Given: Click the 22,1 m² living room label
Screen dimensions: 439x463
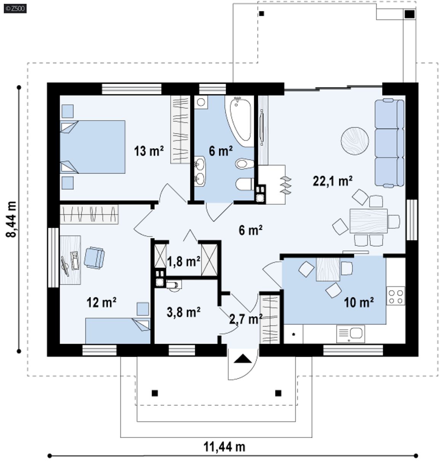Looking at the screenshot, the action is click(x=332, y=181).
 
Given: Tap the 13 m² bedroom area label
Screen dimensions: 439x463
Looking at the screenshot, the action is click(x=149, y=151).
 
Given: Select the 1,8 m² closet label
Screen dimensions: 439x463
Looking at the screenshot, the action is click(x=183, y=261).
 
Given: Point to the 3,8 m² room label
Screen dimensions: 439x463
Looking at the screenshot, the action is click(x=183, y=312).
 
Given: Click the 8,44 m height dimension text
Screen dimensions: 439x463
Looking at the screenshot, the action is click(x=11, y=219).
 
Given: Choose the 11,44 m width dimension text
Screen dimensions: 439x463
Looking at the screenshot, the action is click(x=224, y=447).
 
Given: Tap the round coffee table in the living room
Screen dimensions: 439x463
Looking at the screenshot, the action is click(x=354, y=141).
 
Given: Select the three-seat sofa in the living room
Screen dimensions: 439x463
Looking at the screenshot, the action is click(x=389, y=143).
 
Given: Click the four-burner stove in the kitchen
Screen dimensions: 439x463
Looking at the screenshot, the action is click(x=396, y=296).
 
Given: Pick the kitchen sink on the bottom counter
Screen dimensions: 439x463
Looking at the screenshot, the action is click(x=351, y=334).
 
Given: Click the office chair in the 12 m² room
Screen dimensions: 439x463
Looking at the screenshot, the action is click(x=94, y=258).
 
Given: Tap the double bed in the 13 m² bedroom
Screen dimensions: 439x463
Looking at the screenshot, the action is click(x=93, y=147).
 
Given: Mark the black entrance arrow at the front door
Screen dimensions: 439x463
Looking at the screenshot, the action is click(x=243, y=359).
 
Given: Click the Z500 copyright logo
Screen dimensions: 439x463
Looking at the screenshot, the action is click(x=15, y=9).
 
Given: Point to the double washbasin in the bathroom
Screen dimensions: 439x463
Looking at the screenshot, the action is click(x=200, y=171).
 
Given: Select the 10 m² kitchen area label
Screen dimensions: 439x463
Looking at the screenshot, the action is click(x=359, y=303).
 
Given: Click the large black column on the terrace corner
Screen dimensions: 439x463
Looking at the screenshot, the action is click(x=409, y=14).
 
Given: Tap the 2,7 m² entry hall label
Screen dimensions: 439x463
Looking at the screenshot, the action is click(x=246, y=319).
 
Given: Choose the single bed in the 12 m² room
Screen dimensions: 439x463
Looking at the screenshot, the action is click(x=118, y=331).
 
